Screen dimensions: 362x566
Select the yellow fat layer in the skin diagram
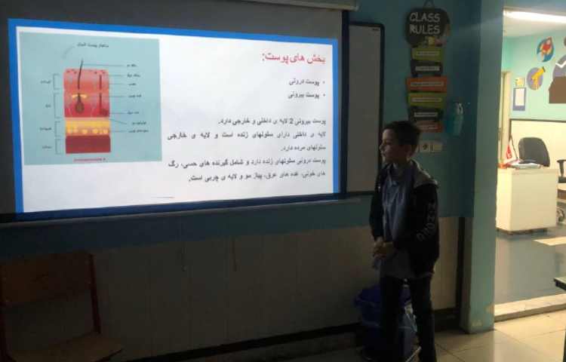pos(87,127)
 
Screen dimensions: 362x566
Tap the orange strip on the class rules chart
pos(427,84)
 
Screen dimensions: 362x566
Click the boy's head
pos(401,142)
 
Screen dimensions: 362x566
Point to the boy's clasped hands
pos(385,248)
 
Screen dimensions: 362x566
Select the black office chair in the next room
pos(535,152)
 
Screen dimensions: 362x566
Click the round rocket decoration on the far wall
pos(545,49)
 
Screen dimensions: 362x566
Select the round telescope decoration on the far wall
pos(536,78)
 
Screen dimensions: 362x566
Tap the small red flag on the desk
pos(509,151)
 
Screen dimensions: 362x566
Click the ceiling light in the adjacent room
pos(536,16)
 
